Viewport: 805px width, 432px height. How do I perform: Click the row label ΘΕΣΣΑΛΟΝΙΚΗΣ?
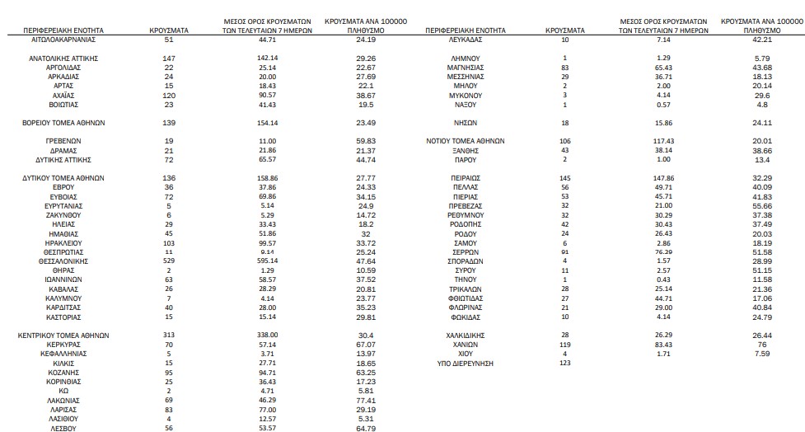point(63,261)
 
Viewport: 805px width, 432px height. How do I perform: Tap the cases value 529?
point(169,261)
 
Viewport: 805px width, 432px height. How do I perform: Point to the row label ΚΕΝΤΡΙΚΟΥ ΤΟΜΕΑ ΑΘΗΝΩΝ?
point(63,336)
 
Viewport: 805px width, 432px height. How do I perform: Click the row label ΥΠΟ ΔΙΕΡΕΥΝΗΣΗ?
point(466,363)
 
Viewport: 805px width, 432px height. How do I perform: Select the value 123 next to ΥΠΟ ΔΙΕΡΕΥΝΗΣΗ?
point(564,363)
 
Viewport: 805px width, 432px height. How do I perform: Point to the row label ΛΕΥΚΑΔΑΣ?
point(466,39)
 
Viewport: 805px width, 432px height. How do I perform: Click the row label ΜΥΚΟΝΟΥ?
point(466,95)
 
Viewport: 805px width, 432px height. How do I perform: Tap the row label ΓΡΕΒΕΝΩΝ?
point(63,141)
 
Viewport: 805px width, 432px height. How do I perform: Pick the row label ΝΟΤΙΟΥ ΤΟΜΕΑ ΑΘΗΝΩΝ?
point(466,141)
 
